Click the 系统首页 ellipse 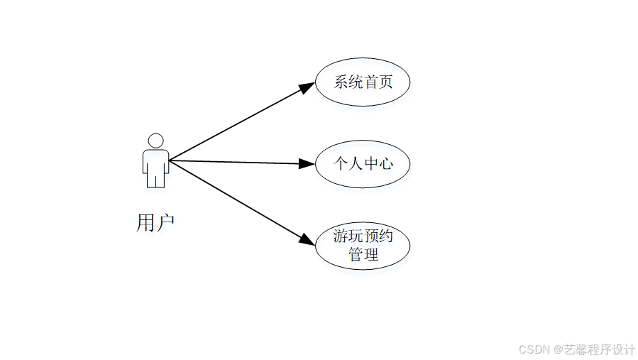(x=363, y=82)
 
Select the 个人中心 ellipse (x=363, y=164)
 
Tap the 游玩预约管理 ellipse (x=363, y=246)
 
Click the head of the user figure (x=155, y=141)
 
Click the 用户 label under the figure (x=155, y=223)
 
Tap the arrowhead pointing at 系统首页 (x=307, y=87)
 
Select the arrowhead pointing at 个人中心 (x=307, y=163)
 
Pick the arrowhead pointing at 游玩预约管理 (x=307, y=239)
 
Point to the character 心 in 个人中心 (x=385, y=164)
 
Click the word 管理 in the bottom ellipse (x=363, y=254)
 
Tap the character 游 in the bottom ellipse (x=341, y=237)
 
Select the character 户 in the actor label (x=165, y=223)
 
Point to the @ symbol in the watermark (x=559, y=349)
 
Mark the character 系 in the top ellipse (x=341, y=82)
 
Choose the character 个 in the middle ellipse (x=341, y=164)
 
